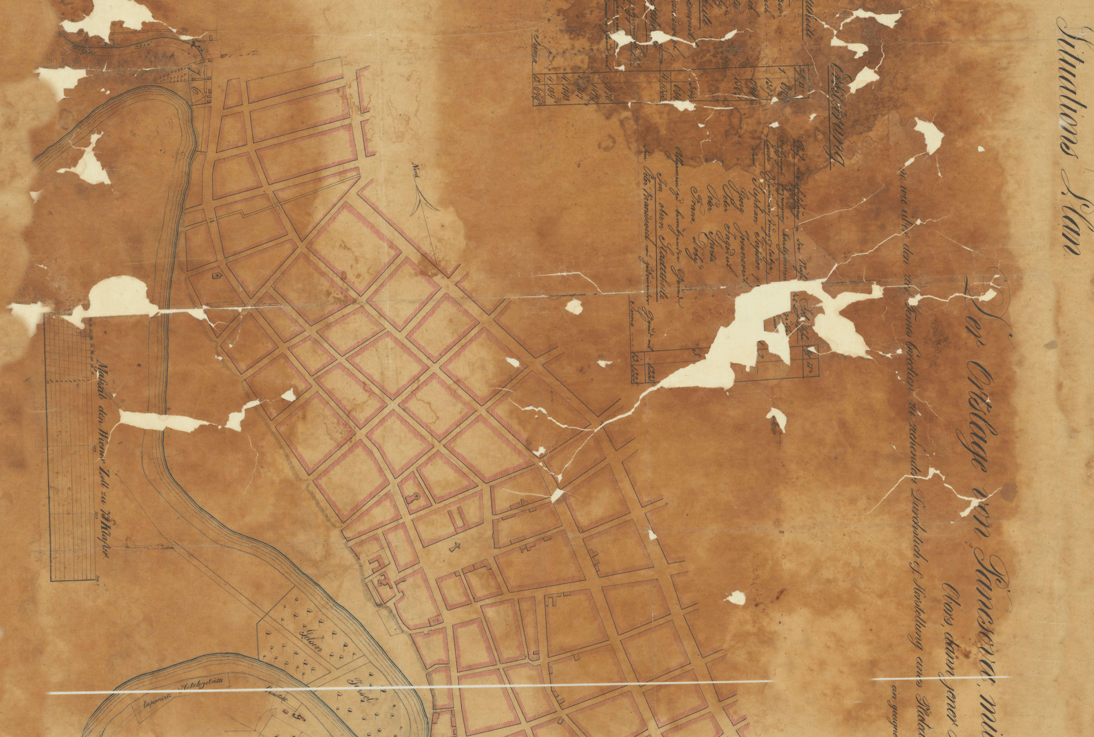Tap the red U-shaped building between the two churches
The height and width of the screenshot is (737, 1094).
[458, 516]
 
